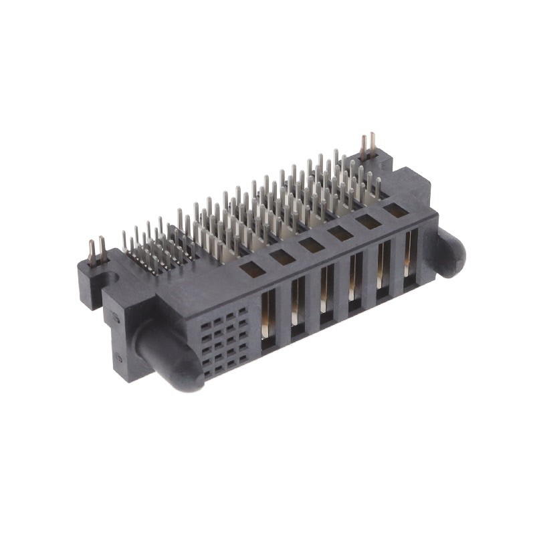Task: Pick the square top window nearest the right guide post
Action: [394, 212]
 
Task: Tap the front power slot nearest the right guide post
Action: [409, 261]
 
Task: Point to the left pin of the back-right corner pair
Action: [364, 146]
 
